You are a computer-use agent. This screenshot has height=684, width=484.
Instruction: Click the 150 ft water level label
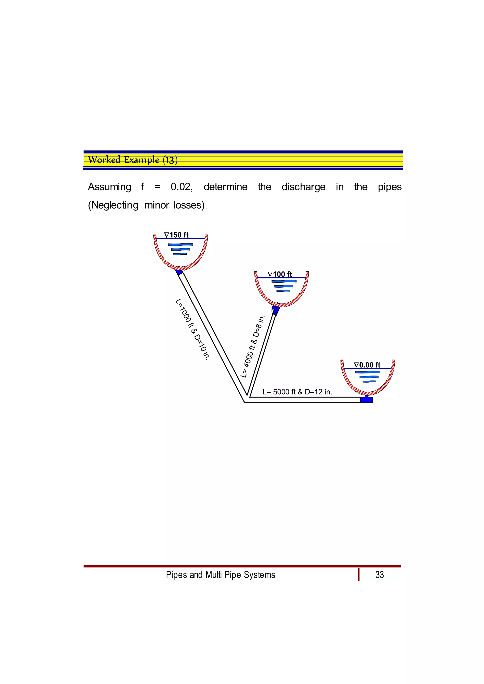tap(177, 235)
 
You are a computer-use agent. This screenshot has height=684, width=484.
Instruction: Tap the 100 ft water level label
tap(280, 274)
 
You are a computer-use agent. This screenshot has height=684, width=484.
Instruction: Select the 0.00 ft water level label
tap(367, 365)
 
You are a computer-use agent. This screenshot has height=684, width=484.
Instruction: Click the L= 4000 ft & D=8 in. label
tap(253, 347)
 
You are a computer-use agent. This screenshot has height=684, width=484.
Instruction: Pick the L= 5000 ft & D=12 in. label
tap(297, 392)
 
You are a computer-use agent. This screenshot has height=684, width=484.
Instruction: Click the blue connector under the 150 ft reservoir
tap(179, 272)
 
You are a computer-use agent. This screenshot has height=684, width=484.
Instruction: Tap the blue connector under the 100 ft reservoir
tap(276, 310)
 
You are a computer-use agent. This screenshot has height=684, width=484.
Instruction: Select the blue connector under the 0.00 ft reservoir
tap(367, 399)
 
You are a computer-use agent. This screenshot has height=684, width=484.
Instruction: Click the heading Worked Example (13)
tap(133, 160)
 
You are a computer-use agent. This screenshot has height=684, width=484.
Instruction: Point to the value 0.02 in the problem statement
tap(181, 187)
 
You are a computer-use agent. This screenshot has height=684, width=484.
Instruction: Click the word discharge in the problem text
tap(303, 187)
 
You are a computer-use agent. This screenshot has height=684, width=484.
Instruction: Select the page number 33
tap(379, 575)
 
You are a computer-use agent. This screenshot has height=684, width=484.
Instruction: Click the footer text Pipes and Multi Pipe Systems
tap(220, 575)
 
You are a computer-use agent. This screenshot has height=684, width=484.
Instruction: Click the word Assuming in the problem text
tap(109, 187)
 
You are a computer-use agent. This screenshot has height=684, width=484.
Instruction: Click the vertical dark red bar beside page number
tap(359, 575)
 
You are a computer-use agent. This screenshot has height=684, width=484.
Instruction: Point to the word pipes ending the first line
tap(390, 187)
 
